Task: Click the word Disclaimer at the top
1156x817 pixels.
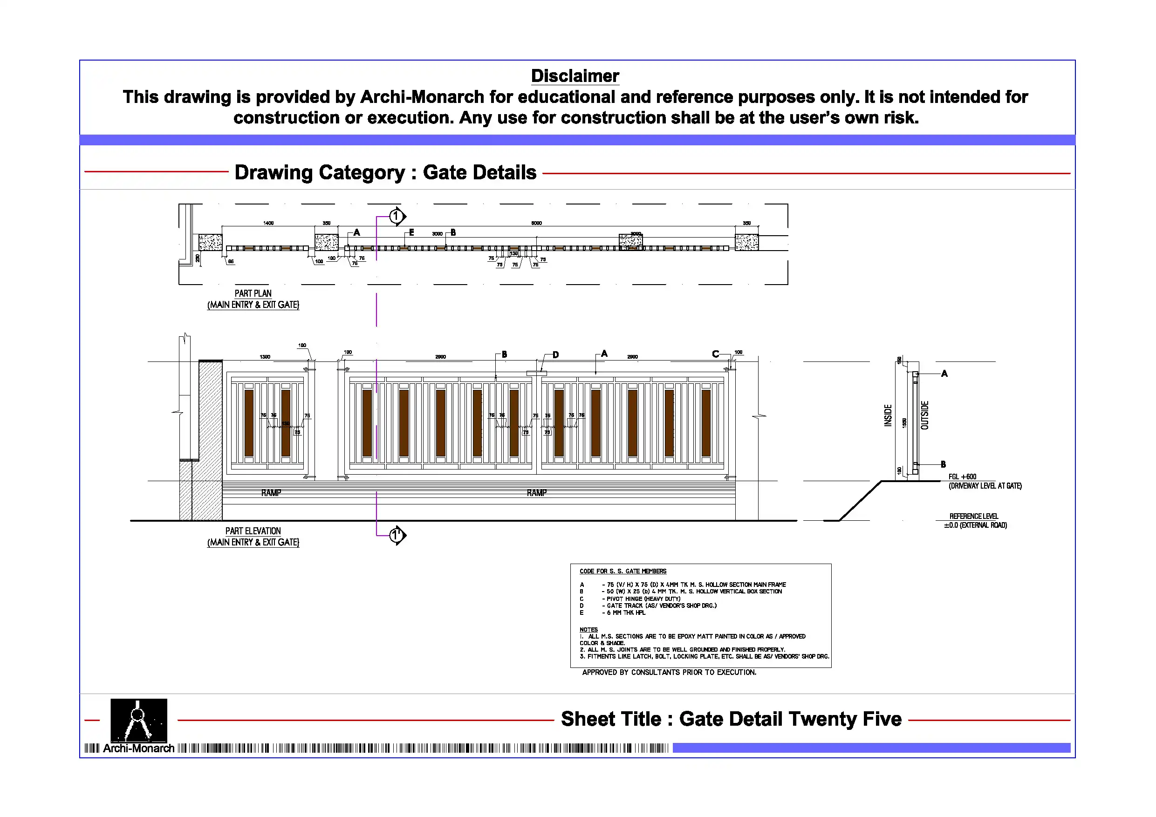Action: point(575,76)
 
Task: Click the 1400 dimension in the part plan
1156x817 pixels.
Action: point(268,223)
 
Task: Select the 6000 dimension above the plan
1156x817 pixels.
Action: point(536,223)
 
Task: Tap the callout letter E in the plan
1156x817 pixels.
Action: point(411,232)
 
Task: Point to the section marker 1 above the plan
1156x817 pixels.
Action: point(396,217)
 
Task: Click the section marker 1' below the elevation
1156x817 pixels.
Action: point(397,535)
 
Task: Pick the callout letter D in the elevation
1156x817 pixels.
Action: point(555,355)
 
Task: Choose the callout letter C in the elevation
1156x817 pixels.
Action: point(715,354)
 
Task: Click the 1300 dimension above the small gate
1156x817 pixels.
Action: point(265,357)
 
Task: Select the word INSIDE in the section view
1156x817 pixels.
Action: point(888,416)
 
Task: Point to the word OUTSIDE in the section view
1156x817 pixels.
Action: point(924,415)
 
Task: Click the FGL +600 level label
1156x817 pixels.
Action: point(962,477)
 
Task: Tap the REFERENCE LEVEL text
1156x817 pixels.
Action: point(973,517)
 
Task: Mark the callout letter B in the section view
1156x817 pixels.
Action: point(943,464)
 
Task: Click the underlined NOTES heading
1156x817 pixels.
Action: point(588,630)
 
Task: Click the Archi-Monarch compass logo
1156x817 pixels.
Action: point(138,721)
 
